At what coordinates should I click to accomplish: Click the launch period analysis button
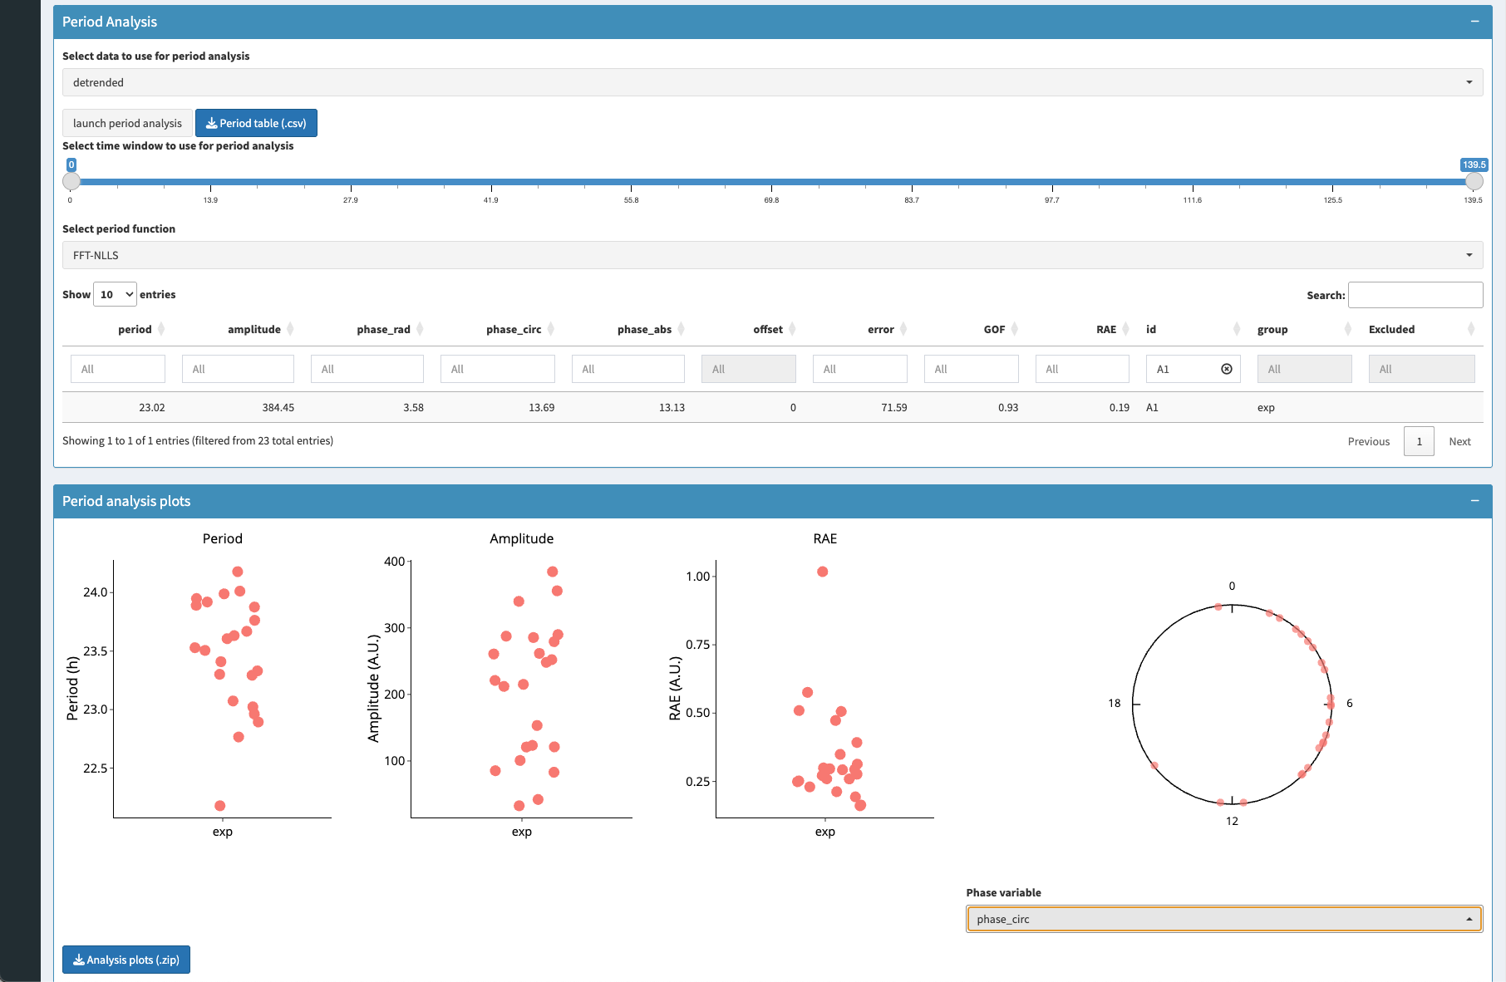127,123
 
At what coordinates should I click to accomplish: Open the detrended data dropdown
772,82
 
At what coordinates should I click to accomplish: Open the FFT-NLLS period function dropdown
772,255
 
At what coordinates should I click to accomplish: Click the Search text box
1415,295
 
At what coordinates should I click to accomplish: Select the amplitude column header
254,330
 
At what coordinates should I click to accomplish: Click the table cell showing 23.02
152,408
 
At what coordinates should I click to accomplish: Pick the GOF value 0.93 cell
1008,408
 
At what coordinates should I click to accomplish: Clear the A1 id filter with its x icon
1227,369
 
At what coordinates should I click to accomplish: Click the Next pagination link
1459,441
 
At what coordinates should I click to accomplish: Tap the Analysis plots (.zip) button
126,960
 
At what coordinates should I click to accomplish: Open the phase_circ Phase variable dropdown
1224,919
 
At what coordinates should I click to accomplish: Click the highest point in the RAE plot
822,572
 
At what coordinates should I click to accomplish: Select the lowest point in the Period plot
220,806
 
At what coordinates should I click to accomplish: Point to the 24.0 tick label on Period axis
96,592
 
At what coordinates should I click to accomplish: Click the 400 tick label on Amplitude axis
394,562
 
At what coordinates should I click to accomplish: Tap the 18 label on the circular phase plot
1114,704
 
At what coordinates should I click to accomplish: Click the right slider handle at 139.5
1474,181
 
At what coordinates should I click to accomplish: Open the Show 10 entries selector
115,294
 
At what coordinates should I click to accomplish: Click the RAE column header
1106,330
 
